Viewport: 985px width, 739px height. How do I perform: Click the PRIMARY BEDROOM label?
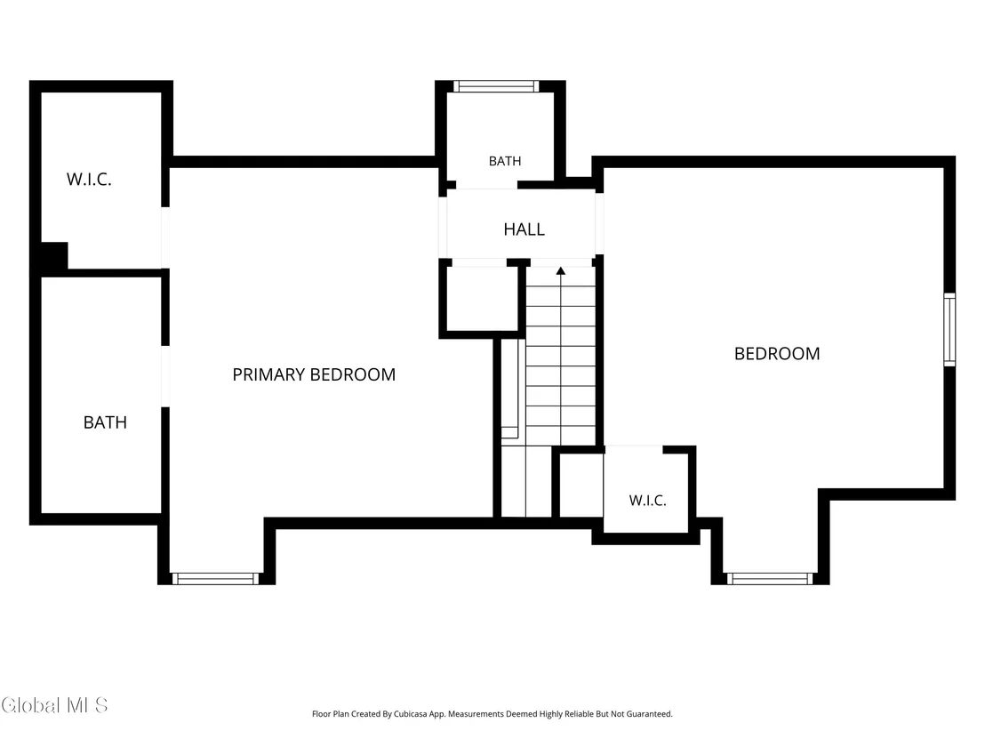pos(314,374)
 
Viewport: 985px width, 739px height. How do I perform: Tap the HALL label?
pos(524,229)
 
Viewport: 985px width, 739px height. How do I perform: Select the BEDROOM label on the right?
pos(777,354)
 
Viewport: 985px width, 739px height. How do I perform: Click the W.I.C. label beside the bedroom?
pos(648,501)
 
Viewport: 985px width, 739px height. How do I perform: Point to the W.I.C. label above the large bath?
pos(89,180)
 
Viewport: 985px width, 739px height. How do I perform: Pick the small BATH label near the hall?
pos(505,162)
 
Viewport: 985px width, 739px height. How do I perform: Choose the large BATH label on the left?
pos(105,422)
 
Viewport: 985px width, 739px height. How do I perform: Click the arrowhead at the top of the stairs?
pos(560,271)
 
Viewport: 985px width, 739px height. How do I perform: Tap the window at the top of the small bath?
pos(496,86)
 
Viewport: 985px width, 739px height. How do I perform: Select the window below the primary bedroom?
pos(215,579)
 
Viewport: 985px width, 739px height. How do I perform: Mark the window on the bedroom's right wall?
pos(949,329)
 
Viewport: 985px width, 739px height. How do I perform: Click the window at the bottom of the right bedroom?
pos(770,579)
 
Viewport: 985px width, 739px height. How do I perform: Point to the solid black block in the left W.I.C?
pos(54,256)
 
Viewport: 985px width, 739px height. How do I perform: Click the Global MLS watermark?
pos(54,705)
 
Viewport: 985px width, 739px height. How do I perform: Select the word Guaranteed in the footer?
pos(650,714)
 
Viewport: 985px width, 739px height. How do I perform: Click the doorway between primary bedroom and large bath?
pos(165,376)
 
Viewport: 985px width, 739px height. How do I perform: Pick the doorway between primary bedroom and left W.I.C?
pos(165,237)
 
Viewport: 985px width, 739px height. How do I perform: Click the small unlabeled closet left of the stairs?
pos(482,299)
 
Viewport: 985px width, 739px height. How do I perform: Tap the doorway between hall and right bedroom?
pos(599,224)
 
